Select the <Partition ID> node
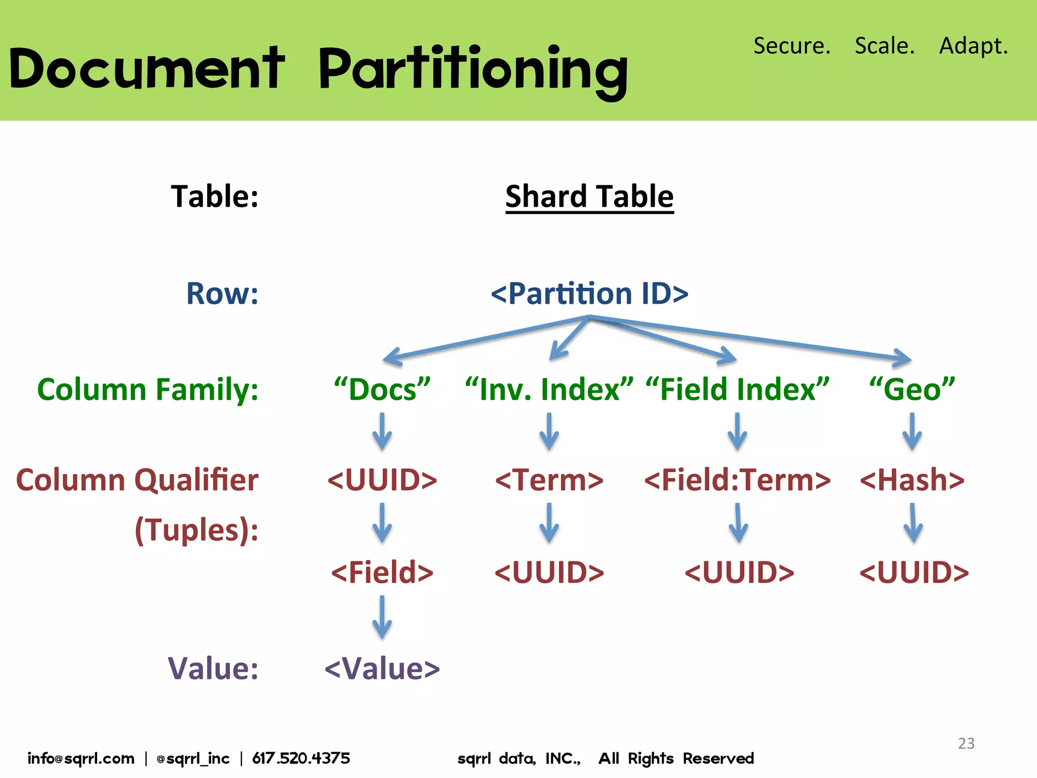pyautogui.click(x=589, y=293)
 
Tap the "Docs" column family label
pyautogui.click(x=382, y=390)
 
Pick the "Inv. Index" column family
pyautogui.click(x=549, y=390)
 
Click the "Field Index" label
pyautogui.click(x=737, y=390)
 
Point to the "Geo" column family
pyautogui.click(x=912, y=390)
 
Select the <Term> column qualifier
pyautogui.click(x=549, y=480)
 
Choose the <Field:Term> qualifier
pyautogui.click(x=737, y=480)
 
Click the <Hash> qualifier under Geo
pyautogui.click(x=912, y=480)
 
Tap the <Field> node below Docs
pyautogui.click(x=382, y=572)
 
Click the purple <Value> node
pyautogui.click(x=382, y=668)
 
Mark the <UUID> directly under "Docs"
pyautogui.click(x=382, y=480)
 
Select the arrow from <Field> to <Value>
pyautogui.click(x=382, y=617)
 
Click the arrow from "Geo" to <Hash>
pyautogui.click(x=912, y=432)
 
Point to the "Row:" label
pyautogui.click(x=222, y=293)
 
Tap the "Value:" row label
pyautogui.click(x=213, y=668)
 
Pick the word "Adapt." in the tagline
pyautogui.click(x=973, y=46)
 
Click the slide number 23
pyautogui.click(x=966, y=743)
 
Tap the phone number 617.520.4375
pyautogui.click(x=301, y=758)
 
